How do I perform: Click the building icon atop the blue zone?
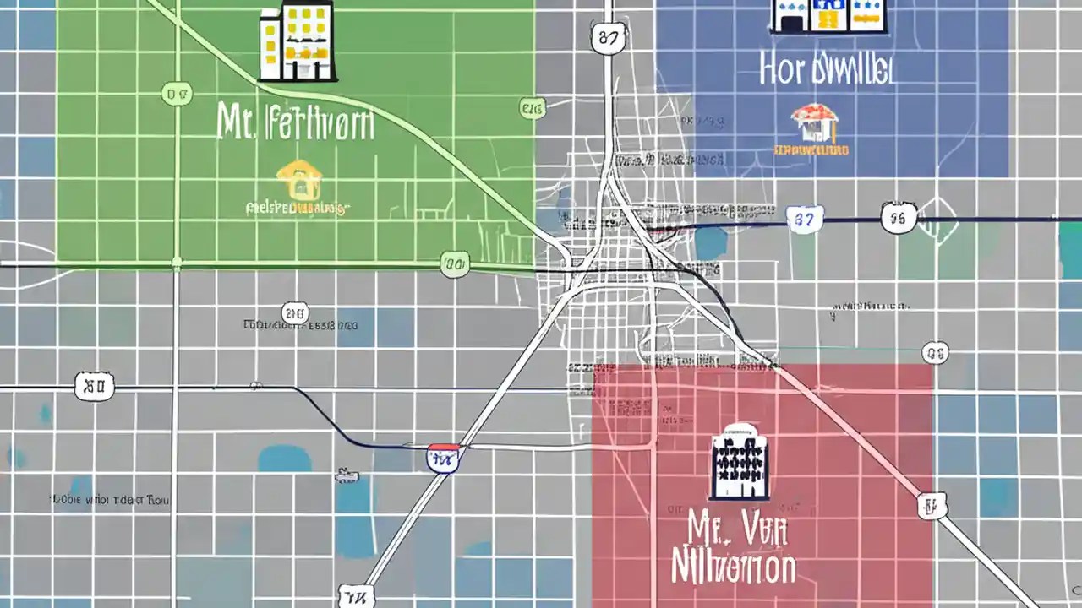tap(828, 17)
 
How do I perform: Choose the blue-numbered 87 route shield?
tap(804, 220)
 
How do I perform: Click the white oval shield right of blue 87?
tap(897, 218)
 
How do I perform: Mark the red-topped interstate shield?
tap(443, 457)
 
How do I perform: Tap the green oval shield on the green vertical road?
tap(177, 94)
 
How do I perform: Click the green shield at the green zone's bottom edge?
tap(454, 266)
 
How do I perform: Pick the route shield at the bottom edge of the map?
tap(354, 596)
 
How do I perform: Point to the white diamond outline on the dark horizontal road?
tap(939, 220)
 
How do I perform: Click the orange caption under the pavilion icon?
tap(811, 150)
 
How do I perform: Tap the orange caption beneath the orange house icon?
tap(296, 207)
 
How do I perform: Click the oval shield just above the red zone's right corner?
tap(934, 352)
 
